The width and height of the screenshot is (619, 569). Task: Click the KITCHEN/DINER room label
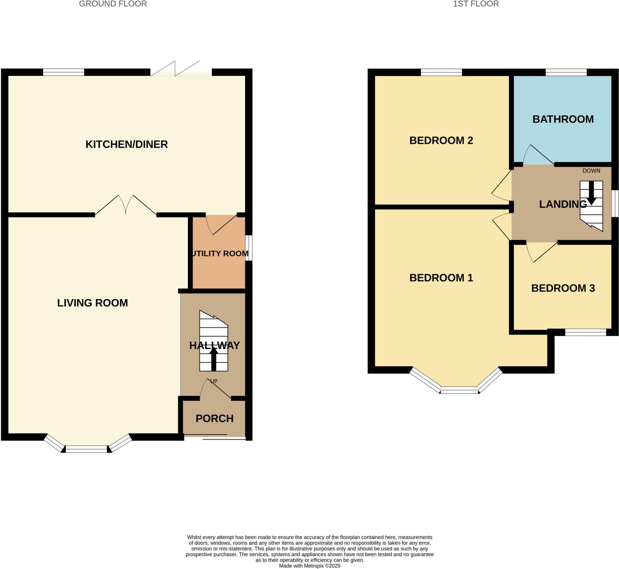pyautogui.click(x=126, y=144)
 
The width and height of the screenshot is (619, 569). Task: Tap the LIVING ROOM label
pyautogui.click(x=92, y=303)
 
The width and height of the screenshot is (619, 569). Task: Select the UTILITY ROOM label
pyautogui.click(x=220, y=253)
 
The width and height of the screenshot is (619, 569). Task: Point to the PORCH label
pyautogui.click(x=215, y=418)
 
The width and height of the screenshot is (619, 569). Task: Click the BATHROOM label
pyautogui.click(x=563, y=119)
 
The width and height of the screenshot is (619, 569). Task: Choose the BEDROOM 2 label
pyautogui.click(x=441, y=140)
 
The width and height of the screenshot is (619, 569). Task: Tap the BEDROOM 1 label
pyautogui.click(x=441, y=278)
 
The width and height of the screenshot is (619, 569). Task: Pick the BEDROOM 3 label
pyautogui.click(x=563, y=288)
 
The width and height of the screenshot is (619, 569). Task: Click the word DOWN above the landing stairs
pyautogui.click(x=591, y=171)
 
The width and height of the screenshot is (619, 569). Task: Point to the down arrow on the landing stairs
pyautogui.click(x=591, y=193)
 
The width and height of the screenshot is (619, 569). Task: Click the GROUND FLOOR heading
pyautogui.click(x=113, y=4)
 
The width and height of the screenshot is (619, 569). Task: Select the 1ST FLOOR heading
pyautogui.click(x=476, y=4)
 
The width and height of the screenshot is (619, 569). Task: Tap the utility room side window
pyautogui.click(x=249, y=248)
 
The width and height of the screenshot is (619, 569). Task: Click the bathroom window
pyautogui.click(x=566, y=72)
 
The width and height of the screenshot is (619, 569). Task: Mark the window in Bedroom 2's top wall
pyautogui.click(x=441, y=72)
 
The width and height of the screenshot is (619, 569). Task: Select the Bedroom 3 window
pyautogui.click(x=585, y=332)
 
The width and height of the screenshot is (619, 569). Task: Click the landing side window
pyautogui.click(x=615, y=203)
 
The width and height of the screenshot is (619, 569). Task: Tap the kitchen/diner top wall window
pyautogui.click(x=63, y=72)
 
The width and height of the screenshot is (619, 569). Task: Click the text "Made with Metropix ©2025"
pyautogui.click(x=309, y=566)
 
